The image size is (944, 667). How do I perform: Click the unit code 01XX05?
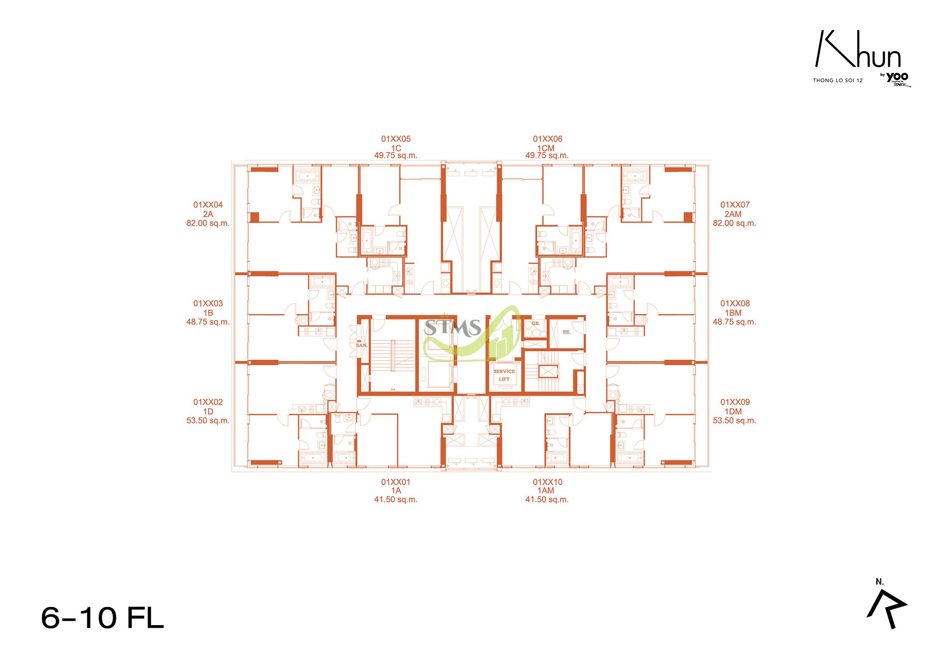click(396, 139)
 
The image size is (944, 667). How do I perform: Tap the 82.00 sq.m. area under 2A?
click(208, 223)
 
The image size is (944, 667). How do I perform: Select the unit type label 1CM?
click(548, 148)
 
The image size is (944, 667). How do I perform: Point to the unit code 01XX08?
click(735, 303)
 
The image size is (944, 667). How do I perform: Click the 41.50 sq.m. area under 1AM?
click(547, 499)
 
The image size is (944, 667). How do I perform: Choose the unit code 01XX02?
click(208, 402)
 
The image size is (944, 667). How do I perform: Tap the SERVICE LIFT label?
click(504, 375)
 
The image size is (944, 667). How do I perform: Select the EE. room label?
click(567, 332)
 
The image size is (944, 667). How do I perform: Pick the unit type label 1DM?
click(735, 411)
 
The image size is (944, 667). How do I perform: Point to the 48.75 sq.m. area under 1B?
click(208, 322)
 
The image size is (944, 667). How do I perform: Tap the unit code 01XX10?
click(548, 482)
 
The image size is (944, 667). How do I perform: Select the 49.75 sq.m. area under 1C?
click(396, 156)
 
